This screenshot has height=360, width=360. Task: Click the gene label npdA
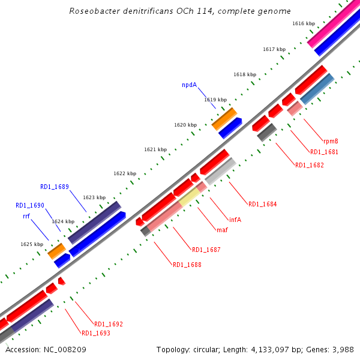[189, 85]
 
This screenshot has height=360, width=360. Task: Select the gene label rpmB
[331, 141]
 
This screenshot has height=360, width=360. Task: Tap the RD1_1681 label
[324, 152]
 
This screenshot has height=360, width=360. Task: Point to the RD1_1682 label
[310, 165]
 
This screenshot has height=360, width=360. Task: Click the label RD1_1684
[262, 204]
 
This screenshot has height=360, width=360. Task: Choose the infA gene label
[235, 219]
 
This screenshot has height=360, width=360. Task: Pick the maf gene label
[221, 230]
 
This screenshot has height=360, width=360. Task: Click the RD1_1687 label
[206, 250]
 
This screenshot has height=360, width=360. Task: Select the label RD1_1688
[187, 265]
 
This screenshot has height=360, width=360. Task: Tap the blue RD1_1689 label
[55, 187]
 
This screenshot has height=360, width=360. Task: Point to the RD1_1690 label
[30, 205]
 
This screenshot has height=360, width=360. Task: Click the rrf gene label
[26, 215]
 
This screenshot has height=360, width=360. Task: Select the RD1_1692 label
[108, 324]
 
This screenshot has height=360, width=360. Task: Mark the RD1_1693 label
[95, 333]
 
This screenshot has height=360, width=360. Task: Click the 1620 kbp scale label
[185, 125]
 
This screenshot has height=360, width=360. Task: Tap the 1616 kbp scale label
[304, 23]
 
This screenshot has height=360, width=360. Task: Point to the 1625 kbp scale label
[32, 244]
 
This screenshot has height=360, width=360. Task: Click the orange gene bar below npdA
[224, 118]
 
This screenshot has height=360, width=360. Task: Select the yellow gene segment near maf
[190, 197]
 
